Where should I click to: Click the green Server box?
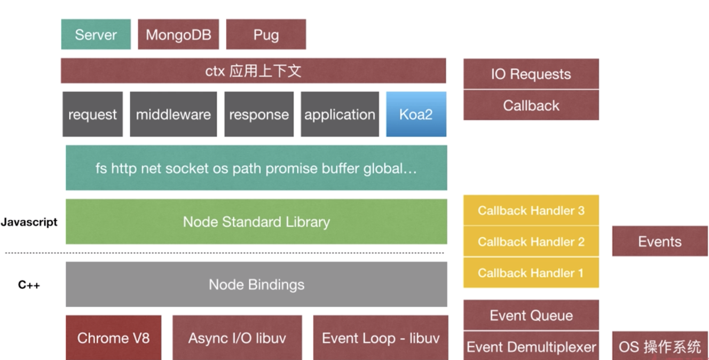(x=96, y=34)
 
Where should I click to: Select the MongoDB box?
(x=178, y=34)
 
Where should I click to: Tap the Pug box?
(x=266, y=34)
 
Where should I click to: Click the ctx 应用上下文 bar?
(x=253, y=71)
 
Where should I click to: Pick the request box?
(x=93, y=114)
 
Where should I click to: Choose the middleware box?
(x=173, y=114)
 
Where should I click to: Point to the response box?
(x=259, y=114)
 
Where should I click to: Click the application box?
(x=340, y=114)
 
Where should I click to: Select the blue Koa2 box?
(x=416, y=114)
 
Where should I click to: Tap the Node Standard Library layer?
(x=256, y=222)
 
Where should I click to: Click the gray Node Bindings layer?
(x=256, y=284)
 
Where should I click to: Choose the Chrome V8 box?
(x=113, y=338)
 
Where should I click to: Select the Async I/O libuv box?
(x=237, y=338)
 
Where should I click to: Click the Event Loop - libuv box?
(x=381, y=338)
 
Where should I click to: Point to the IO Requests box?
(x=531, y=74)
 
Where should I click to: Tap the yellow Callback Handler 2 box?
(x=531, y=241)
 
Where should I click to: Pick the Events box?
(x=660, y=241)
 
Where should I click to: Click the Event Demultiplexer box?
(x=531, y=347)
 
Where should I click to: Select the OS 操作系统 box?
(x=660, y=346)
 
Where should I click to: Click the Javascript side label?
(x=29, y=222)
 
